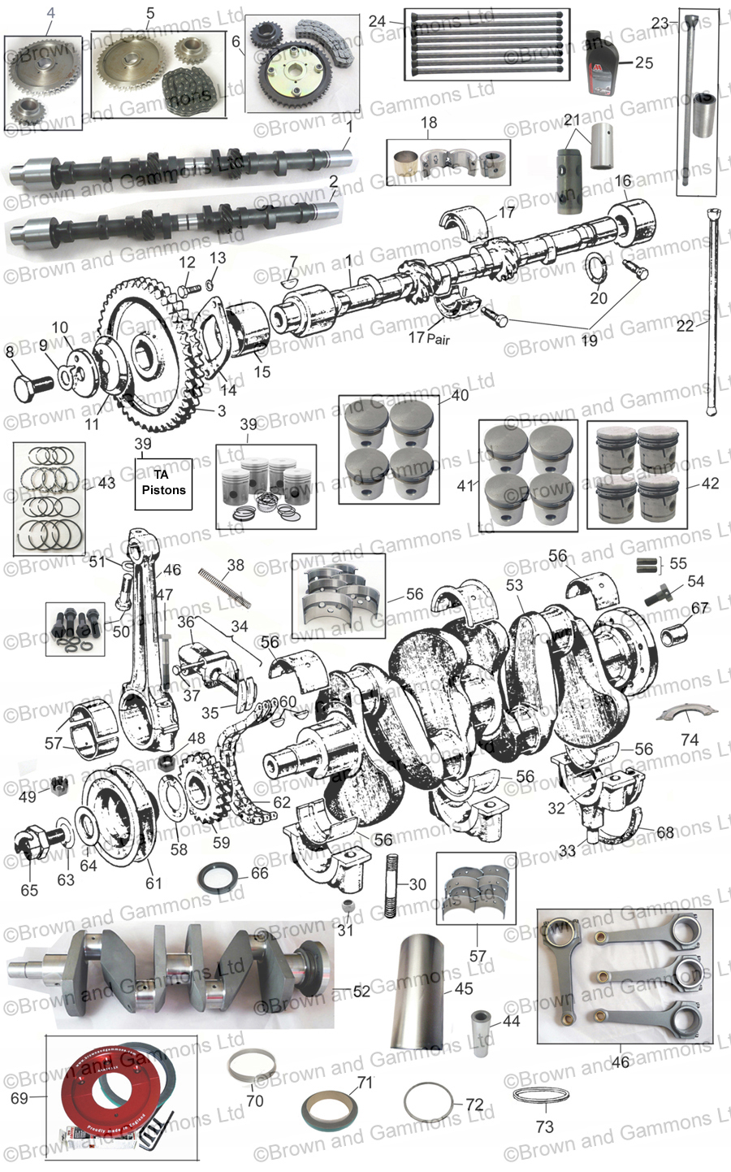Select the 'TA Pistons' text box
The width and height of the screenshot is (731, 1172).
163,483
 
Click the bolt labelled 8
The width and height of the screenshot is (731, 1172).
31,384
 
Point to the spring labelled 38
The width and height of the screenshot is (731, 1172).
222,587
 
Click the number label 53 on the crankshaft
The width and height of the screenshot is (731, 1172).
514,584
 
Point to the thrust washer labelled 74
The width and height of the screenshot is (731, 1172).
689,714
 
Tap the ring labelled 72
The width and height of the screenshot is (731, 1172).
427,1104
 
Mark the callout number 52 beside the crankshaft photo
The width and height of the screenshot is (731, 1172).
361,991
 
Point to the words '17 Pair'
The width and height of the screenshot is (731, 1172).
430,337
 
